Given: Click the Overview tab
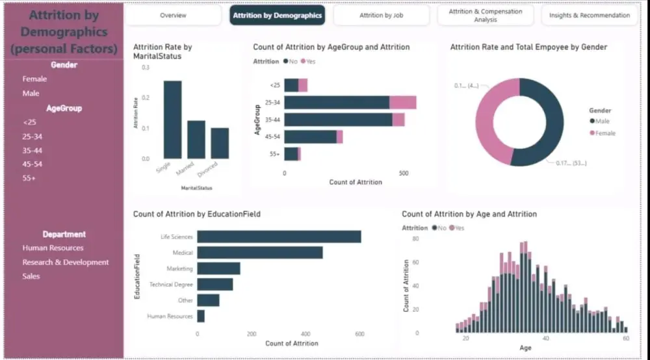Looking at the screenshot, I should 173,15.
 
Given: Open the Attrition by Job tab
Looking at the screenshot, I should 381,15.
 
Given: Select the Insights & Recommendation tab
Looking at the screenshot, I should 589,15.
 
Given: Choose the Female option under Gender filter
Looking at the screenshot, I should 34,79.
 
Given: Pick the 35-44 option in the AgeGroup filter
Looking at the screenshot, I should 32,150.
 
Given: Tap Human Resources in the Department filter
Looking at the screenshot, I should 53,248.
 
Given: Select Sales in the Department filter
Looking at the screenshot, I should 31,276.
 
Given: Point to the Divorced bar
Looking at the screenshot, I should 220,143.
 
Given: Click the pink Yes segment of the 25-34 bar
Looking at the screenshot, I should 403,102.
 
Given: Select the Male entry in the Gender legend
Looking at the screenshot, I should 601,122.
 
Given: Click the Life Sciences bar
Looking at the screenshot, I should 279,237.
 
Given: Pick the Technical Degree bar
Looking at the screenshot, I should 214,284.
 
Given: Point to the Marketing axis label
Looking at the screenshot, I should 179,268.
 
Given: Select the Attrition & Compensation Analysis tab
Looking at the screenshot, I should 485,15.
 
